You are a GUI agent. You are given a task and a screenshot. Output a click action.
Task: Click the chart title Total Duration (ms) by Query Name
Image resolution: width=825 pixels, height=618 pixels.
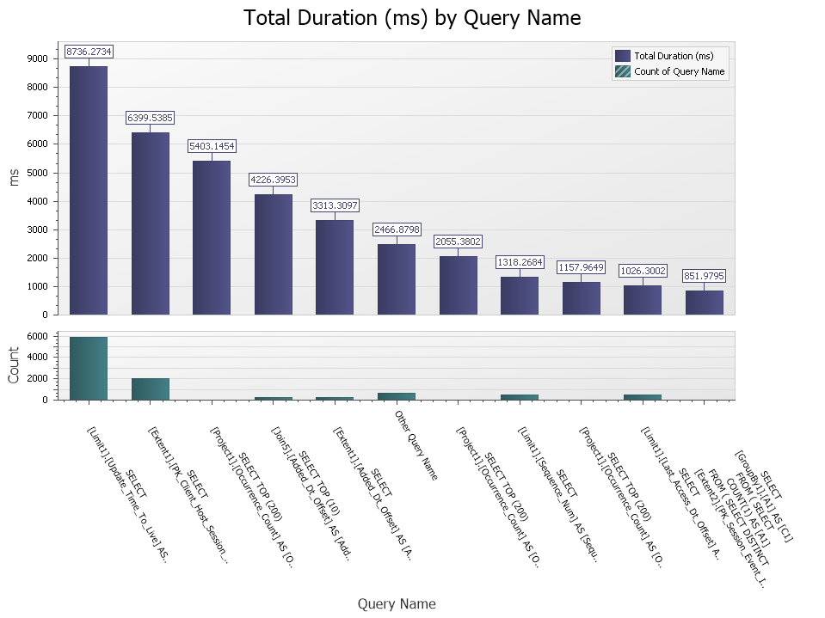412,17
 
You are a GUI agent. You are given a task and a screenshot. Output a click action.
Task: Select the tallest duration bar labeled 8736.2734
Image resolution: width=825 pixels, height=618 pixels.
89,190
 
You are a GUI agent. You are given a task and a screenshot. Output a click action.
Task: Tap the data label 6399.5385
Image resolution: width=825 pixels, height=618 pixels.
151,117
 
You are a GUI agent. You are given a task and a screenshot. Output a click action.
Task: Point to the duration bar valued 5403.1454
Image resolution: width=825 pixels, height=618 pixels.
212,237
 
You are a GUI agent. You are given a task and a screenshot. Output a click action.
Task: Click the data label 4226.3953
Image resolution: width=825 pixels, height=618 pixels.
274,180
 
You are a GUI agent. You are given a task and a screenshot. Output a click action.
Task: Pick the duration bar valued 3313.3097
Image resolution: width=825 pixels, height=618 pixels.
335,267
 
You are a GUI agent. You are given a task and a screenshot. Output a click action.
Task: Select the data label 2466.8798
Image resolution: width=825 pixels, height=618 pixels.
397,229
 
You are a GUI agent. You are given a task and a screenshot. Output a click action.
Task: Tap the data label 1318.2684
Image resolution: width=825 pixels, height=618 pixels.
520,262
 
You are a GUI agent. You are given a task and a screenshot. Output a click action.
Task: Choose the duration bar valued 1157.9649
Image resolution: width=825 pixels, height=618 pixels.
581,298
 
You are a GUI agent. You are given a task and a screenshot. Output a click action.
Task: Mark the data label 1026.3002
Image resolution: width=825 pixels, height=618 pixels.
643,270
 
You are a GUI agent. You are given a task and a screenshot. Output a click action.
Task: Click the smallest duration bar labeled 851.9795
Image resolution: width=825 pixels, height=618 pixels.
704,303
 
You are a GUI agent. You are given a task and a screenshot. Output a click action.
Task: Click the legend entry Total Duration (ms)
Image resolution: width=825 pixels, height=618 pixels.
673,56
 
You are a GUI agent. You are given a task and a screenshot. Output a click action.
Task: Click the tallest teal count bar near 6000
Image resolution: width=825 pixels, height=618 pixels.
89,368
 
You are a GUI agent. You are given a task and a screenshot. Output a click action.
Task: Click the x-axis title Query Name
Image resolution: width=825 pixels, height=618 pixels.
397,604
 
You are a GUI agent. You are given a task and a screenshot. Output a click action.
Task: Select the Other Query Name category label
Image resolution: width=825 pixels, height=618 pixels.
416,444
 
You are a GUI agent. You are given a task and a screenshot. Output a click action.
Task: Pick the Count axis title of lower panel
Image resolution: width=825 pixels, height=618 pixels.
14,365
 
